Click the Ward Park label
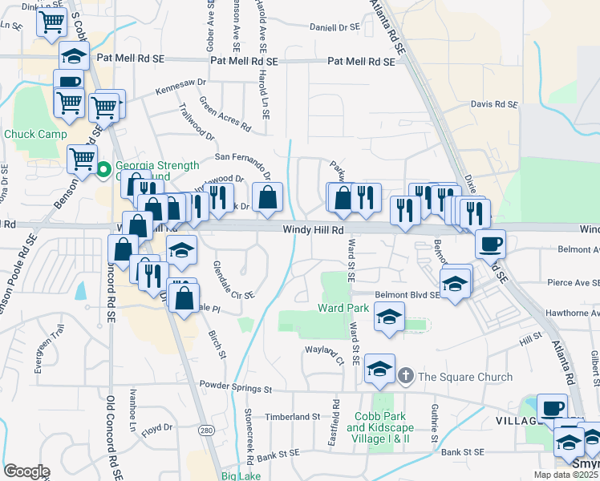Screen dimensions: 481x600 point(343,308)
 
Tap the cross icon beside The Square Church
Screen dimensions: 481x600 point(406,375)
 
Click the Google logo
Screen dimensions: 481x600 point(26,471)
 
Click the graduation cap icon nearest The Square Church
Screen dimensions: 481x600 point(380,369)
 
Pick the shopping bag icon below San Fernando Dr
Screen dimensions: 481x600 point(267,196)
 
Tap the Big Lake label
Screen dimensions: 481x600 point(241,476)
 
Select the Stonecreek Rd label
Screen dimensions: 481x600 point(250,436)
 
